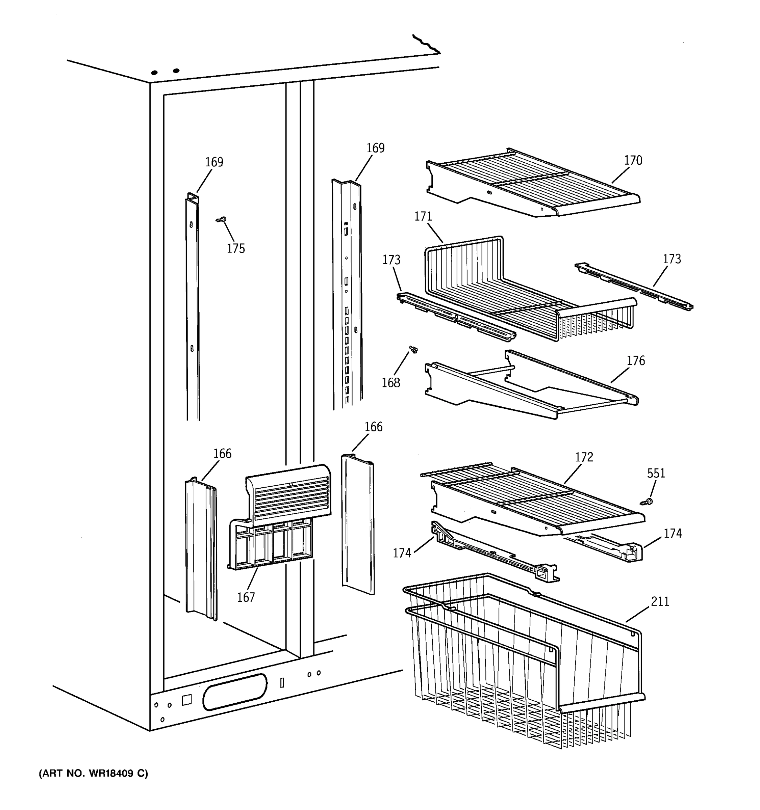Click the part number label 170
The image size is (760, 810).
(x=633, y=161)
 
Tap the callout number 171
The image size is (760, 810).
(x=423, y=217)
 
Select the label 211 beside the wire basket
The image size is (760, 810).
(x=660, y=601)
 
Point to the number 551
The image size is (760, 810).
(x=656, y=473)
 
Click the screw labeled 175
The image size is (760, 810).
(x=221, y=220)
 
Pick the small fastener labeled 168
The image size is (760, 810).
(x=414, y=349)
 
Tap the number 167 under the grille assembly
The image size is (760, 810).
(x=246, y=597)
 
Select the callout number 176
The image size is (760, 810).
(x=636, y=360)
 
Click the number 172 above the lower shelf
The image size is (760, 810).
(x=584, y=457)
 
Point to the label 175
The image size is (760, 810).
(x=236, y=248)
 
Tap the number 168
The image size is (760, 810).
(x=390, y=383)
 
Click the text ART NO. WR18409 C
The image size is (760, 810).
(x=93, y=773)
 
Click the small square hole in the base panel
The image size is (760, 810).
(x=186, y=700)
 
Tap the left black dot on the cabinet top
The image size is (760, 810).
(x=154, y=73)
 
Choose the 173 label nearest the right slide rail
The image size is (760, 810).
(x=672, y=259)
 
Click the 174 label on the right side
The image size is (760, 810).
(x=672, y=533)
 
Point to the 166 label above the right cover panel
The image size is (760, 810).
(x=373, y=427)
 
